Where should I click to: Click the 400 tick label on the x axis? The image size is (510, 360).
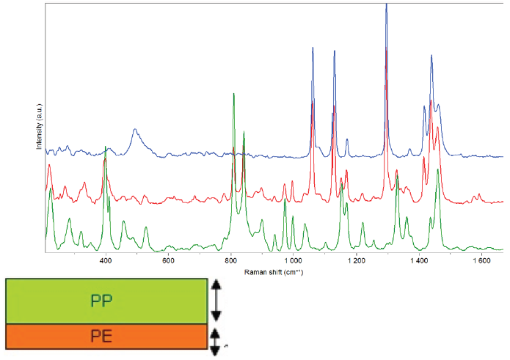[106, 261]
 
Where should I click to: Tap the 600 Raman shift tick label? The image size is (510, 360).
[168, 261]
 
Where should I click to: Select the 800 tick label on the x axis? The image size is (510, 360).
[230, 261]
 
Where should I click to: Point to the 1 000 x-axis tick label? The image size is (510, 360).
[293, 261]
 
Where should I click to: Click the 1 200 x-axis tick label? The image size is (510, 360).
[356, 261]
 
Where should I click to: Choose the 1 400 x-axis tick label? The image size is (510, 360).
[418, 261]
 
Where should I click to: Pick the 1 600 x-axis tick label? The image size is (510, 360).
[481, 261]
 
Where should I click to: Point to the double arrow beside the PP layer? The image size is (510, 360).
[216, 301]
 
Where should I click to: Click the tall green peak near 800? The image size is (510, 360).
[233, 95]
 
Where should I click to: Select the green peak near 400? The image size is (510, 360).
[106, 147]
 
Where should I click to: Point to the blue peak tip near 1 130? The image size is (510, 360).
[335, 52]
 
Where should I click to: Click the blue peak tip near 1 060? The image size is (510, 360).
[313, 48]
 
